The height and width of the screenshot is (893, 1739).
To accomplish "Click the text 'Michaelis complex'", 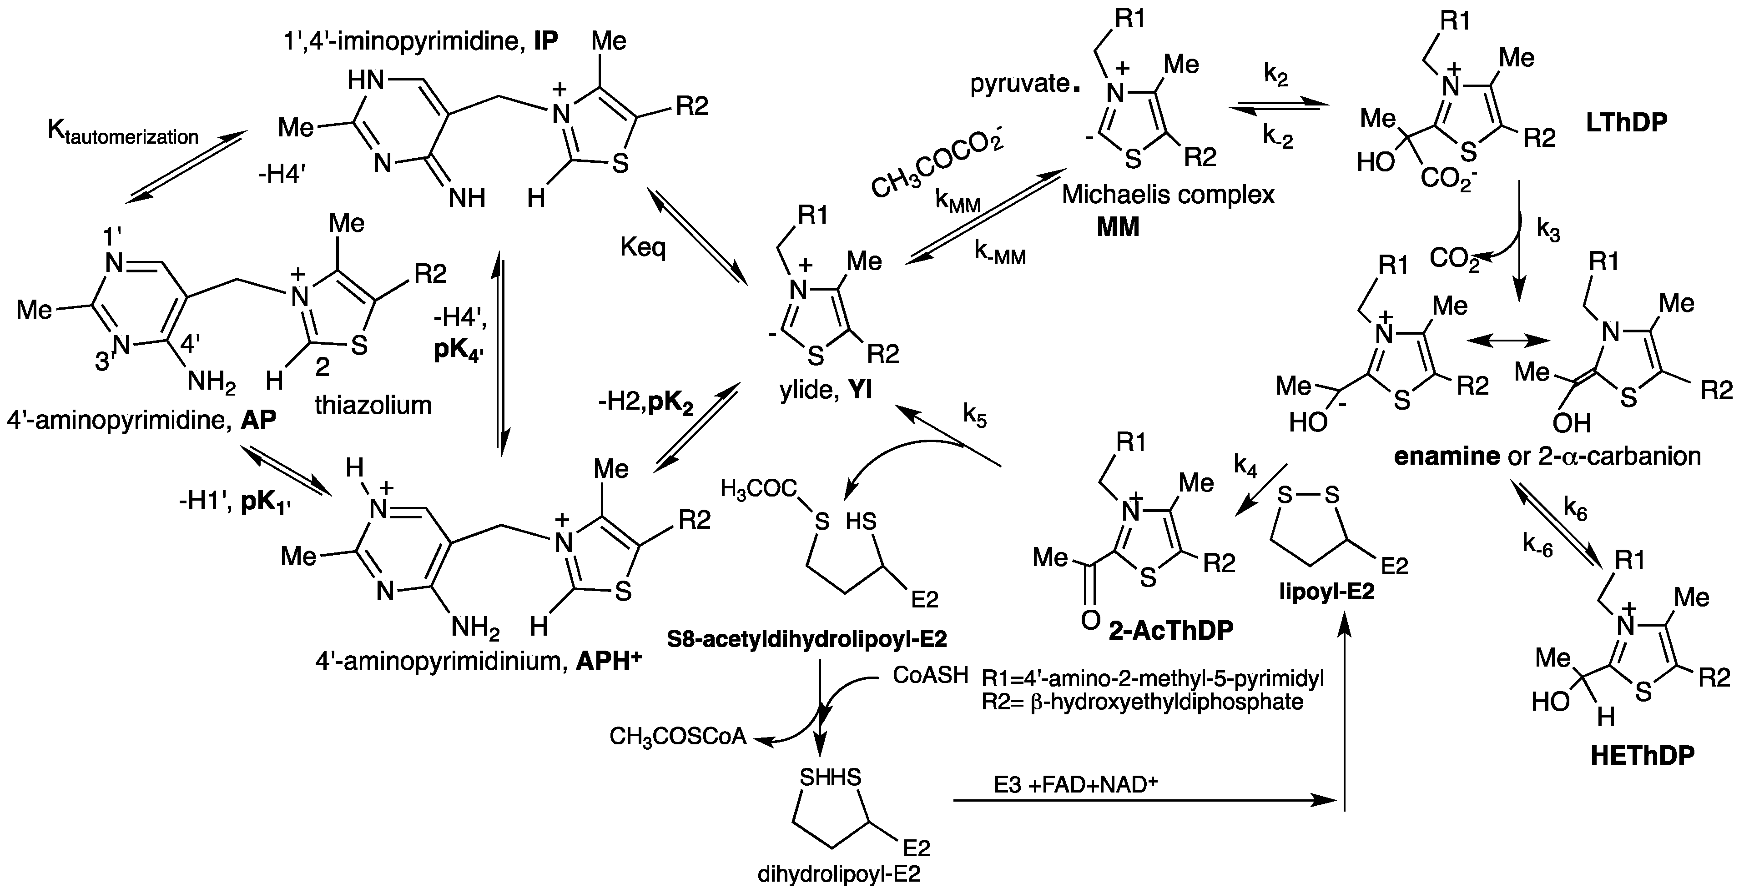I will [1168, 195].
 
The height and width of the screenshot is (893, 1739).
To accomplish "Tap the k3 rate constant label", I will [1548, 230].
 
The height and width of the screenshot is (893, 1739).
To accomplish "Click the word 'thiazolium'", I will [373, 405].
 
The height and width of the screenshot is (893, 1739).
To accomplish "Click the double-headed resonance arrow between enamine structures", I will [1509, 342].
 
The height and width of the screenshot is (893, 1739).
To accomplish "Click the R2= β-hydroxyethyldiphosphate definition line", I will [1142, 702].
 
